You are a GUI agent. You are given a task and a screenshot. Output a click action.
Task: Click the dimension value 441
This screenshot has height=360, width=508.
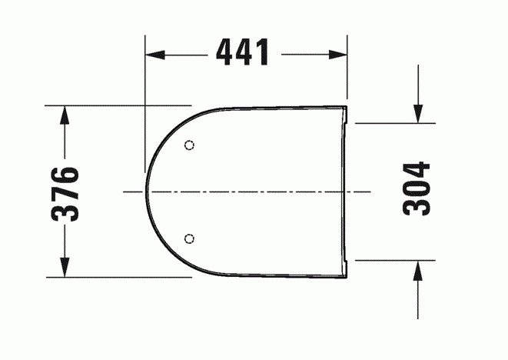coord(243,53)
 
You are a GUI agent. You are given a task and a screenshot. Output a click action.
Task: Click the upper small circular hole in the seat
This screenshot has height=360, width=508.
coord(190,145)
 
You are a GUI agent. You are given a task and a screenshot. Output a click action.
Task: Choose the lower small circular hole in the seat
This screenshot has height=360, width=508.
coord(190,237)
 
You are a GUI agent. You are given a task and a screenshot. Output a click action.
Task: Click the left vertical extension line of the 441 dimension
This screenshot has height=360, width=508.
coord(145,100)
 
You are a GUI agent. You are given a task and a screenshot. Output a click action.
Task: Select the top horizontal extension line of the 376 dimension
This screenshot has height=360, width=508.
coord(115,103)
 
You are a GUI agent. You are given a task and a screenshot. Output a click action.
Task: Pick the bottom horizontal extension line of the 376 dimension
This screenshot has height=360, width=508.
coord(115,277)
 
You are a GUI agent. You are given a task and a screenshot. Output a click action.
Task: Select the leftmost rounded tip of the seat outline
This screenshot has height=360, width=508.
coord(146,190)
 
